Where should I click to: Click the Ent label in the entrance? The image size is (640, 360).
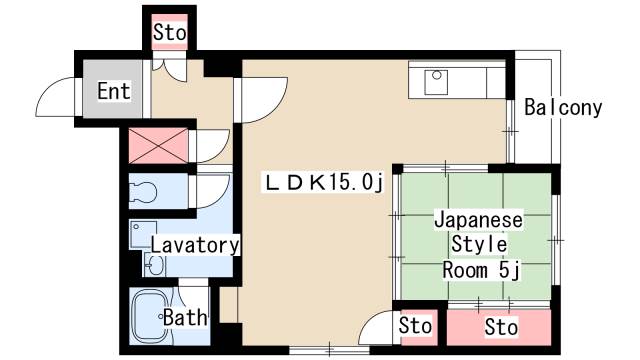[114, 91]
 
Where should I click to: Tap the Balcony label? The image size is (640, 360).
[563, 108]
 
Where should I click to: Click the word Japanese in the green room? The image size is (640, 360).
[478, 221]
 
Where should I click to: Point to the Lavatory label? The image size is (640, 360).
[195, 245]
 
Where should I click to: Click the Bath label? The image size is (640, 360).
[185, 318]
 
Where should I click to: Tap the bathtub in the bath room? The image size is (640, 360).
[150, 316]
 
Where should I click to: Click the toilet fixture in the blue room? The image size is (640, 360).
[143, 191]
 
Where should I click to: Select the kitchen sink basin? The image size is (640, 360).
[436, 82]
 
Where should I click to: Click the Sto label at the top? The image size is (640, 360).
[169, 32]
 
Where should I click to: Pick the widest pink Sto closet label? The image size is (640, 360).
[501, 327]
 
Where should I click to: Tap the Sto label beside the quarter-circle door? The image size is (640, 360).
[415, 325]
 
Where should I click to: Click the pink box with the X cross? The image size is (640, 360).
[158, 145]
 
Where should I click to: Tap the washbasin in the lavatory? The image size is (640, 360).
[155, 266]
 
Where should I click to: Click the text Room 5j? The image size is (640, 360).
[481, 270]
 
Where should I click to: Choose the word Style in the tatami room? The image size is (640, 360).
[479, 244]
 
